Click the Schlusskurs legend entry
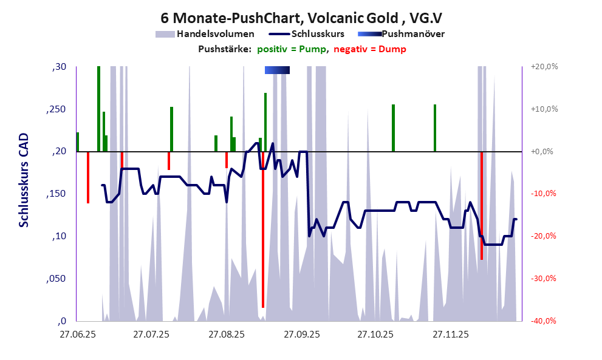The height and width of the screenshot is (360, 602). pyautogui.click(x=318, y=34)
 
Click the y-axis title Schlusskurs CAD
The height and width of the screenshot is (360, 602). pyautogui.click(x=24, y=181)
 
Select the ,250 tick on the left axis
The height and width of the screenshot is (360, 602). pyautogui.click(x=58, y=109)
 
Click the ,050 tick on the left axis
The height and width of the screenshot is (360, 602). pyautogui.click(x=58, y=279)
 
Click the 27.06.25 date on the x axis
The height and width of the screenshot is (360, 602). pyautogui.click(x=77, y=335)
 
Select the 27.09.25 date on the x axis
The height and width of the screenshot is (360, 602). pyautogui.click(x=301, y=335)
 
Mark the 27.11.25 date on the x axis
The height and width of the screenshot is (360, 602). pyautogui.click(x=450, y=335)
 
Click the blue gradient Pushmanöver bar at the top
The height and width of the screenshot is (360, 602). pyautogui.click(x=277, y=70)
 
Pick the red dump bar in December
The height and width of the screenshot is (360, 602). pyautogui.click(x=482, y=206)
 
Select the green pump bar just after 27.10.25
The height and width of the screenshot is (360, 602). pyautogui.click(x=394, y=127)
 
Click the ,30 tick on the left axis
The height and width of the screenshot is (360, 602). pyautogui.click(x=60, y=67)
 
